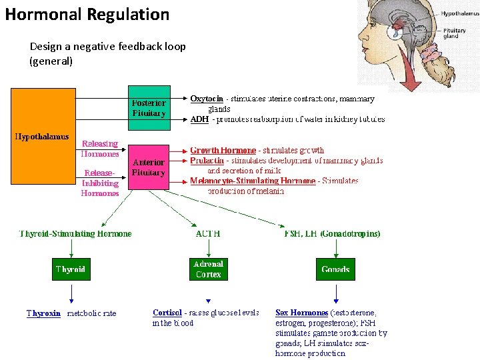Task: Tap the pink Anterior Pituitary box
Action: coord(148,167)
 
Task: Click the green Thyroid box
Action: coord(71,269)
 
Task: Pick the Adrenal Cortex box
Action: coord(208,269)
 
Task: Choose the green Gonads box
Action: coord(335,269)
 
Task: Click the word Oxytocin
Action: coord(207,99)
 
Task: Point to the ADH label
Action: coord(199,119)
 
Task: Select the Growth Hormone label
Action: coord(223,151)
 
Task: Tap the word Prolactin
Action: coord(206,161)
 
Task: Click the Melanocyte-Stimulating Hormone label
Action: coord(253,181)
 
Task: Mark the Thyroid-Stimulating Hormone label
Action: coord(75,234)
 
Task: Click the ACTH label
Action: coord(208,234)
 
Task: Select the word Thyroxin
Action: coord(43,313)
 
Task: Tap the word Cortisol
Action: coord(167,313)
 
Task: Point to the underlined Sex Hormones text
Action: coord(301,313)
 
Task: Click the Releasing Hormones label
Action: coord(100,148)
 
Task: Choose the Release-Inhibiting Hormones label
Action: coord(100,183)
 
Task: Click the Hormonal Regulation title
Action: coord(87,14)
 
